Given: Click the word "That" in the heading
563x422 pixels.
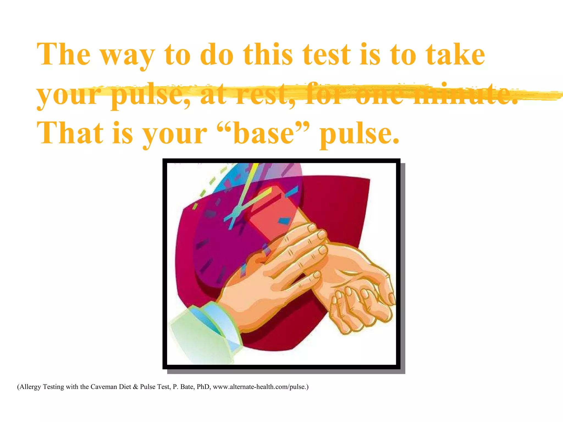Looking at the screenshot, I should [70, 134].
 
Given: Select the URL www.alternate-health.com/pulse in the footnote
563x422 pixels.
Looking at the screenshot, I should [260, 387].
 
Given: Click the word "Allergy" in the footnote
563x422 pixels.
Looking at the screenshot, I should [30, 387].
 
